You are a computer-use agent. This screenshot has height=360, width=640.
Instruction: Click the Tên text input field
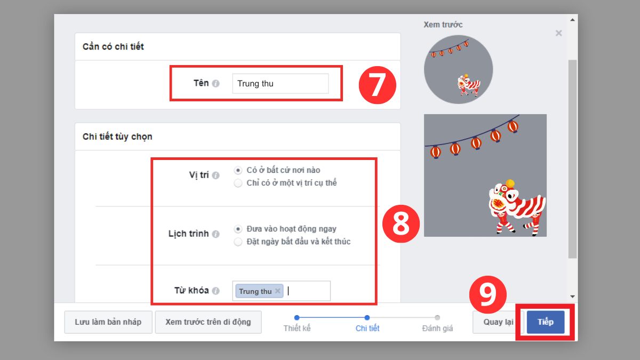tap(281, 84)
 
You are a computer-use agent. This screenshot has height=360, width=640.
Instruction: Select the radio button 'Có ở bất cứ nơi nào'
tap(238, 171)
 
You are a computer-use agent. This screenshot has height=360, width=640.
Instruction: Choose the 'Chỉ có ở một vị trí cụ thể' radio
tap(238, 183)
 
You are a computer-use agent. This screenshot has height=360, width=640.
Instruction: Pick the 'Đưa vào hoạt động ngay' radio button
tap(238, 229)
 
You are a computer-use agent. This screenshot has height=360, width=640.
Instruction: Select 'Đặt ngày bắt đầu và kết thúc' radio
tap(238, 242)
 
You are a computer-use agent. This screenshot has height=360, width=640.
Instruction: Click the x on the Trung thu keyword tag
tap(277, 291)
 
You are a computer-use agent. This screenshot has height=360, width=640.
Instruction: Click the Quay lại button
tap(498, 322)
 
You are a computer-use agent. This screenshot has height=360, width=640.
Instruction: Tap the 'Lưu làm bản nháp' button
tap(108, 322)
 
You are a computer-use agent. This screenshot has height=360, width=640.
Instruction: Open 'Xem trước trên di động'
tap(208, 322)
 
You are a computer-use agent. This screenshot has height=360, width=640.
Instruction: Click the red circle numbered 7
tap(377, 84)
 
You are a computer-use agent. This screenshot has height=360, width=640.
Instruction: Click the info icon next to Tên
tap(215, 84)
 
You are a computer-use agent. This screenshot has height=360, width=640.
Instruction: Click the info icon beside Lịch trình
tap(215, 234)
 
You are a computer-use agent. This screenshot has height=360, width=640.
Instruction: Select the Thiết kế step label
tap(297, 329)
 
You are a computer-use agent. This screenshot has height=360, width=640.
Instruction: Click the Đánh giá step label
tap(437, 329)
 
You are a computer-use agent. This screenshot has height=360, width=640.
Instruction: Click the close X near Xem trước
tap(558, 33)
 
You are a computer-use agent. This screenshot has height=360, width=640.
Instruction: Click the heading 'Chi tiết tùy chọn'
tap(117, 137)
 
